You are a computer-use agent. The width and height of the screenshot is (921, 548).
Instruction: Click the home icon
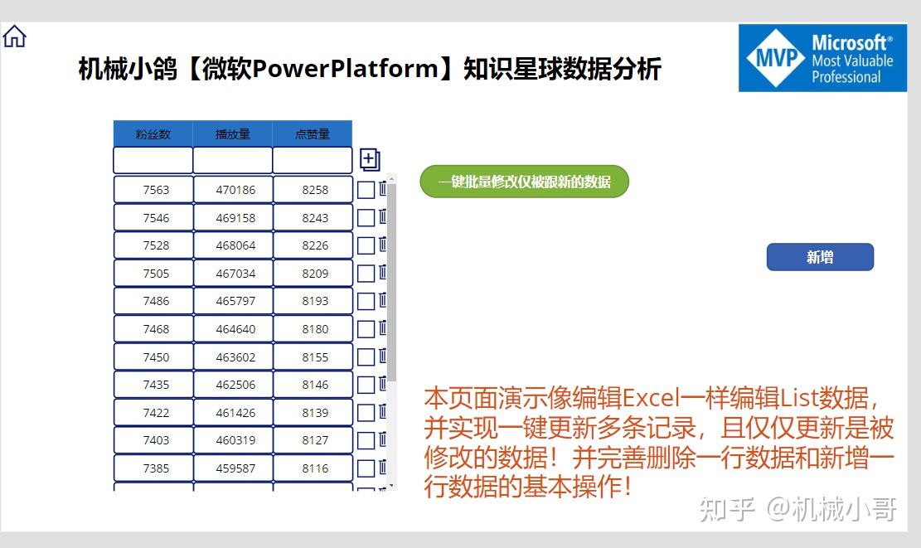click(15, 36)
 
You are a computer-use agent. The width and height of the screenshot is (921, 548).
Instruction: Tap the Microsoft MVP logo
click(822, 58)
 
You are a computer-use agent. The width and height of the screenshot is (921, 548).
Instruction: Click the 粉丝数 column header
click(153, 134)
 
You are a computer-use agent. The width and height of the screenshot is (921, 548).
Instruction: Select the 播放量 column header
click(233, 134)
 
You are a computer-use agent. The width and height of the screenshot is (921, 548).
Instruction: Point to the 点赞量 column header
click(313, 134)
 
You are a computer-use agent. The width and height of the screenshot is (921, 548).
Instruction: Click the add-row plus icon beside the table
click(370, 159)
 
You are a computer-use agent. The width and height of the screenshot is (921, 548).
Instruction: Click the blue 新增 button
click(820, 257)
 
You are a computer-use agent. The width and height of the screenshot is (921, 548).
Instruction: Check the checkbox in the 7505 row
click(366, 274)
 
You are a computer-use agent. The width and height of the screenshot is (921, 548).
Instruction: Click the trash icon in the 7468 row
click(383, 327)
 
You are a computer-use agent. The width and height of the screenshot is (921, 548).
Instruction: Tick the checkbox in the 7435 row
click(366, 385)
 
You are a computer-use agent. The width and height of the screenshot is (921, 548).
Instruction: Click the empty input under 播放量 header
click(233, 160)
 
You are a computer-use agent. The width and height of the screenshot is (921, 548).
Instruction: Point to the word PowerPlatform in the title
click(345, 69)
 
